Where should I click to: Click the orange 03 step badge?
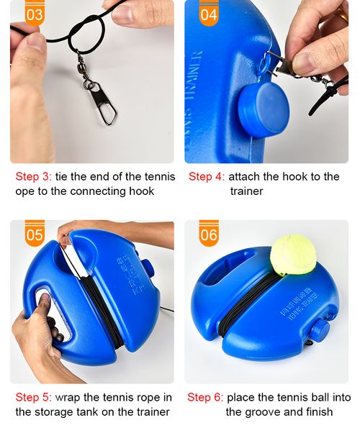tap(35, 13)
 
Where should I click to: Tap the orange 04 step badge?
tap(208, 13)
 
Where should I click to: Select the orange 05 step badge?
tap(35, 234)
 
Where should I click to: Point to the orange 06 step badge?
tap(209, 234)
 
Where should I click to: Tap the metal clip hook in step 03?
tap(104, 101)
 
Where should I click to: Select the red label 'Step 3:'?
tap(33, 177)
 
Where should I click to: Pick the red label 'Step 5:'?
tap(33, 397)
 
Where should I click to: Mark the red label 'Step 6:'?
tap(205, 397)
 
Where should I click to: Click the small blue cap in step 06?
tap(318, 332)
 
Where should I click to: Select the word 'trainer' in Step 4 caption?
tap(247, 192)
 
